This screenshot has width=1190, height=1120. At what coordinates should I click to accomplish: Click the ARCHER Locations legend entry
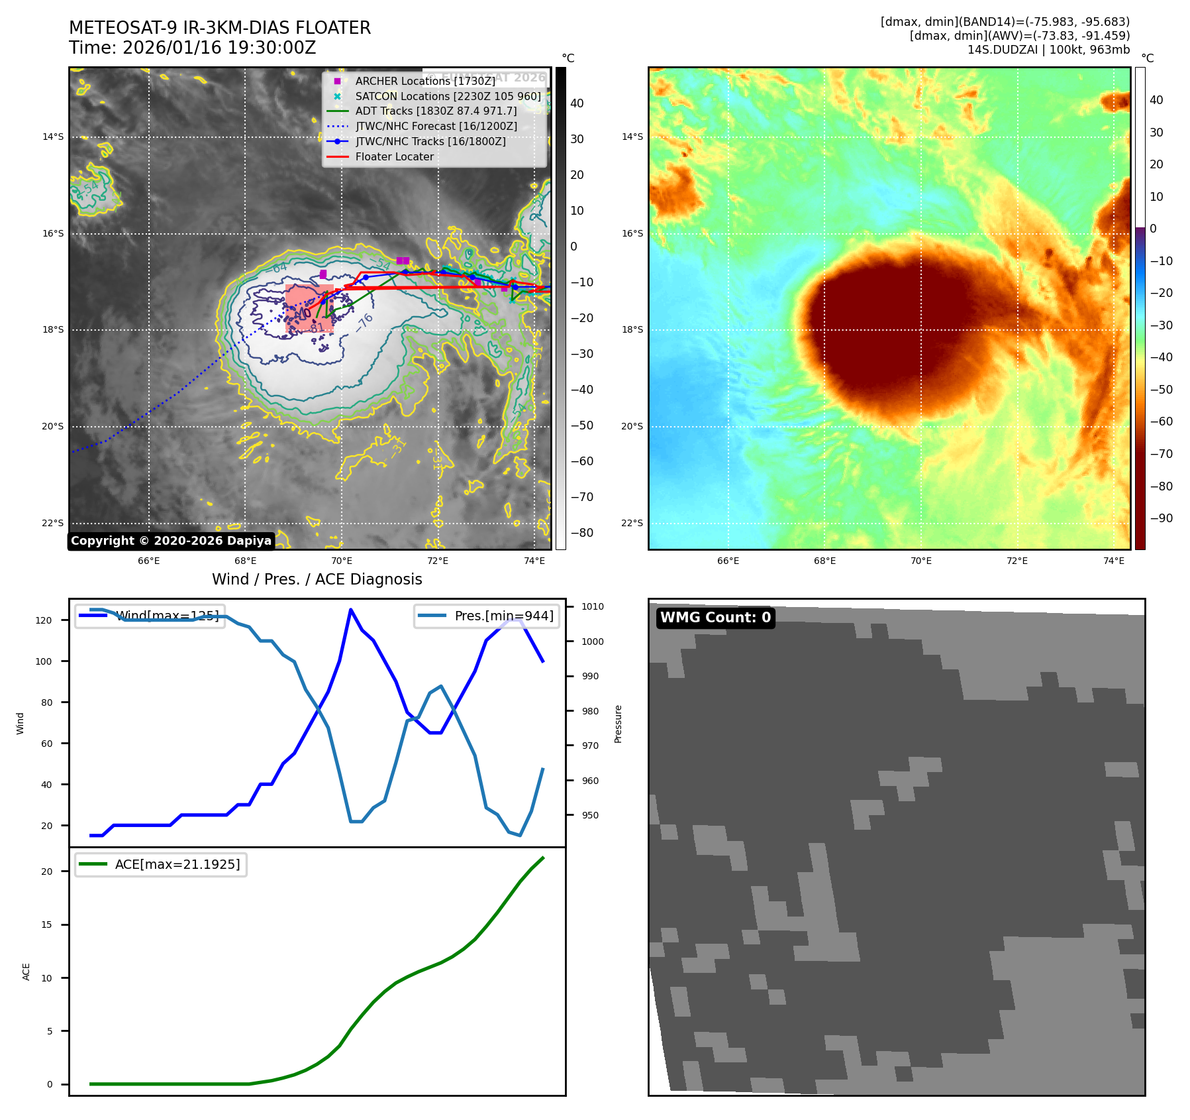point(424,81)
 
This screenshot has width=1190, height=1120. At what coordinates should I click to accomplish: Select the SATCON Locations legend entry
point(448,96)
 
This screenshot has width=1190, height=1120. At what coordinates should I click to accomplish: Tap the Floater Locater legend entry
point(394,157)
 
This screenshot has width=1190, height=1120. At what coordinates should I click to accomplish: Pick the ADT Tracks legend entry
point(436,111)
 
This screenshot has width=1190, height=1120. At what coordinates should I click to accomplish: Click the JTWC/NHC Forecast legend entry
point(436,127)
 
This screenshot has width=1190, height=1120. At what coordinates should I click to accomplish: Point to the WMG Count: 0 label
point(715,618)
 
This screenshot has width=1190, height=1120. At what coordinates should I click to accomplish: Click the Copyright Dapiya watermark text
point(171,541)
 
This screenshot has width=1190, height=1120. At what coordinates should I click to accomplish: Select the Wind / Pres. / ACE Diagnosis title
point(317,579)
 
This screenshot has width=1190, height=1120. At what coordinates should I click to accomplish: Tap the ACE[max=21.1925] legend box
point(161,865)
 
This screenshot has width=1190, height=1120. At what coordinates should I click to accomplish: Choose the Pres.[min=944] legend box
point(487,616)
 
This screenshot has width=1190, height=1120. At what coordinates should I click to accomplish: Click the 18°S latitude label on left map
point(53,330)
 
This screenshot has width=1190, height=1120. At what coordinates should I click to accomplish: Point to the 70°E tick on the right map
point(920,561)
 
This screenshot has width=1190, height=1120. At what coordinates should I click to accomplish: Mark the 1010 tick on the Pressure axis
point(593,606)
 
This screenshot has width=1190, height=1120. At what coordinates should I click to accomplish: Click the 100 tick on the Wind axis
point(44,661)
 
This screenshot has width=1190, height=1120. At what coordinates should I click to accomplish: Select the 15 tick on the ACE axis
point(46,924)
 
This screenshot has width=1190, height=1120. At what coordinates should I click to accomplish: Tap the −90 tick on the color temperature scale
point(1161,518)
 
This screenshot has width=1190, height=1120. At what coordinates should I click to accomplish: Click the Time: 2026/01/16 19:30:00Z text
point(192,48)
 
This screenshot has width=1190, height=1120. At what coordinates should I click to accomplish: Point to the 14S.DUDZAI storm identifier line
point(1048,50)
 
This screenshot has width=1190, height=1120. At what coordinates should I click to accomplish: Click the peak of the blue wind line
point(350,610)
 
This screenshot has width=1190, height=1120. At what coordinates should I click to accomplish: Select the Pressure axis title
point(618,724)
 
